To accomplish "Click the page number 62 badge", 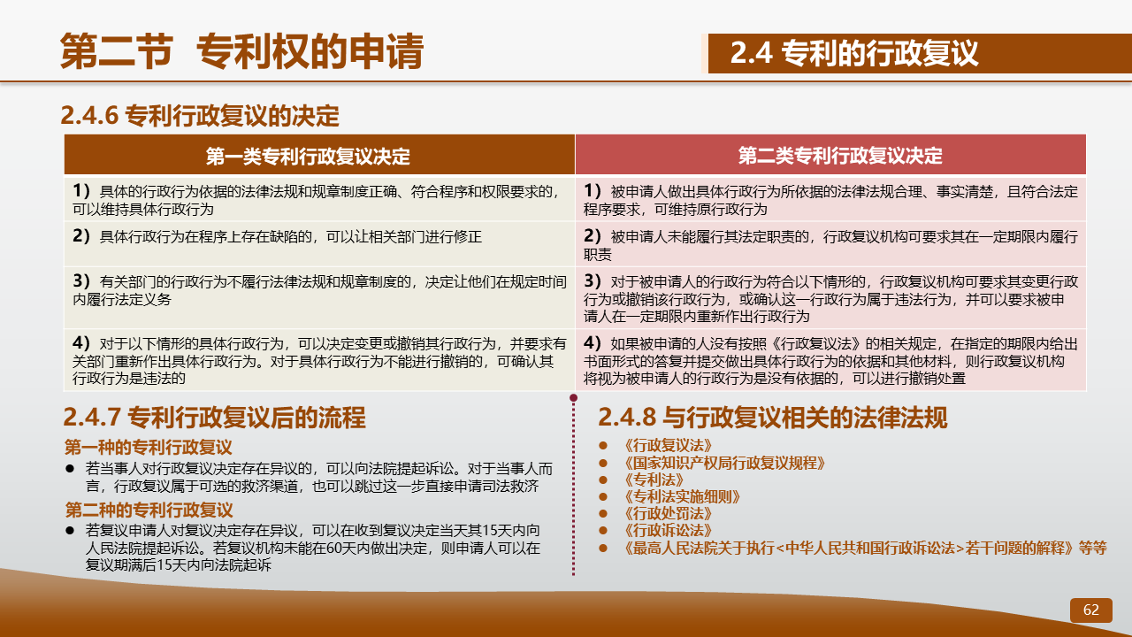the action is click(x=1091, y=610).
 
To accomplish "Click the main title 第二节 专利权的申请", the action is click(x=241, y=51).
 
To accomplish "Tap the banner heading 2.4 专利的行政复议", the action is click(x=854, y=53).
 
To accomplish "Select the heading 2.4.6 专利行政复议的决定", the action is click(x=200, y=116).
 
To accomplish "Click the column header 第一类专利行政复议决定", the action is click(x=308, y=157).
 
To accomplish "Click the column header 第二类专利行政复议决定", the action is click(x=840, y=155).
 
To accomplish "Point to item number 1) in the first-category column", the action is click(x=80, y=191).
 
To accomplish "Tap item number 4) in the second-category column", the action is click(x=593, y=343).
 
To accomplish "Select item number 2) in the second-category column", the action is click(x=593, y=236).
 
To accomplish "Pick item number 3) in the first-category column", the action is click(x=80, y=281).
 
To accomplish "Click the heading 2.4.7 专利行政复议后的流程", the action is click(x=214, y=418).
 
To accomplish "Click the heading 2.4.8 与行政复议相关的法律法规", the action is click(x=773, y=418).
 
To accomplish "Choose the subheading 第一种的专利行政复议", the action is click(x=148, y=448).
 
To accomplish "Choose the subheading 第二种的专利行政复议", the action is click(x=149, y=510).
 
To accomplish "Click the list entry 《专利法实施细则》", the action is click(x=682, y=497).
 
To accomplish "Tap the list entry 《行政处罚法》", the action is click(x=668, y=514).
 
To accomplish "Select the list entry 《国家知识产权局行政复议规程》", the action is click(x=723, y=463).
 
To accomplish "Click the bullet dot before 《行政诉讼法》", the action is click(x=603, y=531).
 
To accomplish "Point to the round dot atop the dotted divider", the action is click(x=574, y=398).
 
